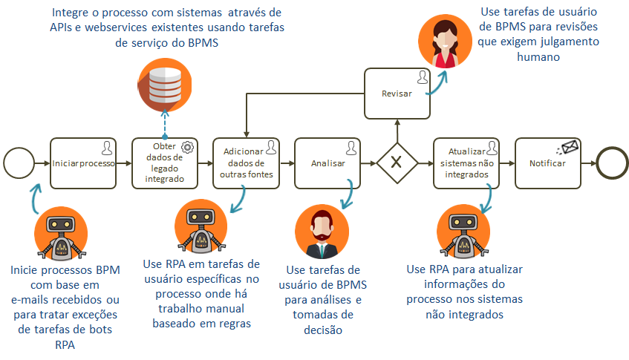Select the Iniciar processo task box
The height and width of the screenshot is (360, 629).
click(84, 163)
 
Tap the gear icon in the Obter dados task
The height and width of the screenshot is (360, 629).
click(187, 147)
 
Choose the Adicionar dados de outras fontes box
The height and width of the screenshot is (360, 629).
click(247, 163)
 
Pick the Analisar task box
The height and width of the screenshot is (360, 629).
click(327, 163)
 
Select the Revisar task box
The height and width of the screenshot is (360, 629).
click(397, 94)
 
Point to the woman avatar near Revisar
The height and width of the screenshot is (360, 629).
click(443, 42)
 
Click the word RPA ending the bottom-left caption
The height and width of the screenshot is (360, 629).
click(65, 344)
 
